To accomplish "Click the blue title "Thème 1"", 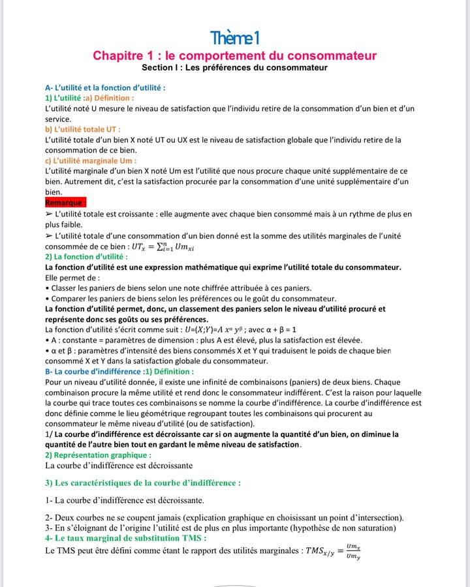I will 234,38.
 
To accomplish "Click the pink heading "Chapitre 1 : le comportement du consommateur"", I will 234,55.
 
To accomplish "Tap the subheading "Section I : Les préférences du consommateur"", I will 234,68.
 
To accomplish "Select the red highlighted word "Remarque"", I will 65,202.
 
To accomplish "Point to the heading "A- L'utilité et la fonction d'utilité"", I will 104,87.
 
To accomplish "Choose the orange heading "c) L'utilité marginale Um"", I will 91,160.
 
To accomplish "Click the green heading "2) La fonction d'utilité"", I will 86,257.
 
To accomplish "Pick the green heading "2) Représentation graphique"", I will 98,455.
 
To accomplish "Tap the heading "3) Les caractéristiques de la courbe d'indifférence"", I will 143,483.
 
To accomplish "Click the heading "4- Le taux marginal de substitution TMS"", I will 126,538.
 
